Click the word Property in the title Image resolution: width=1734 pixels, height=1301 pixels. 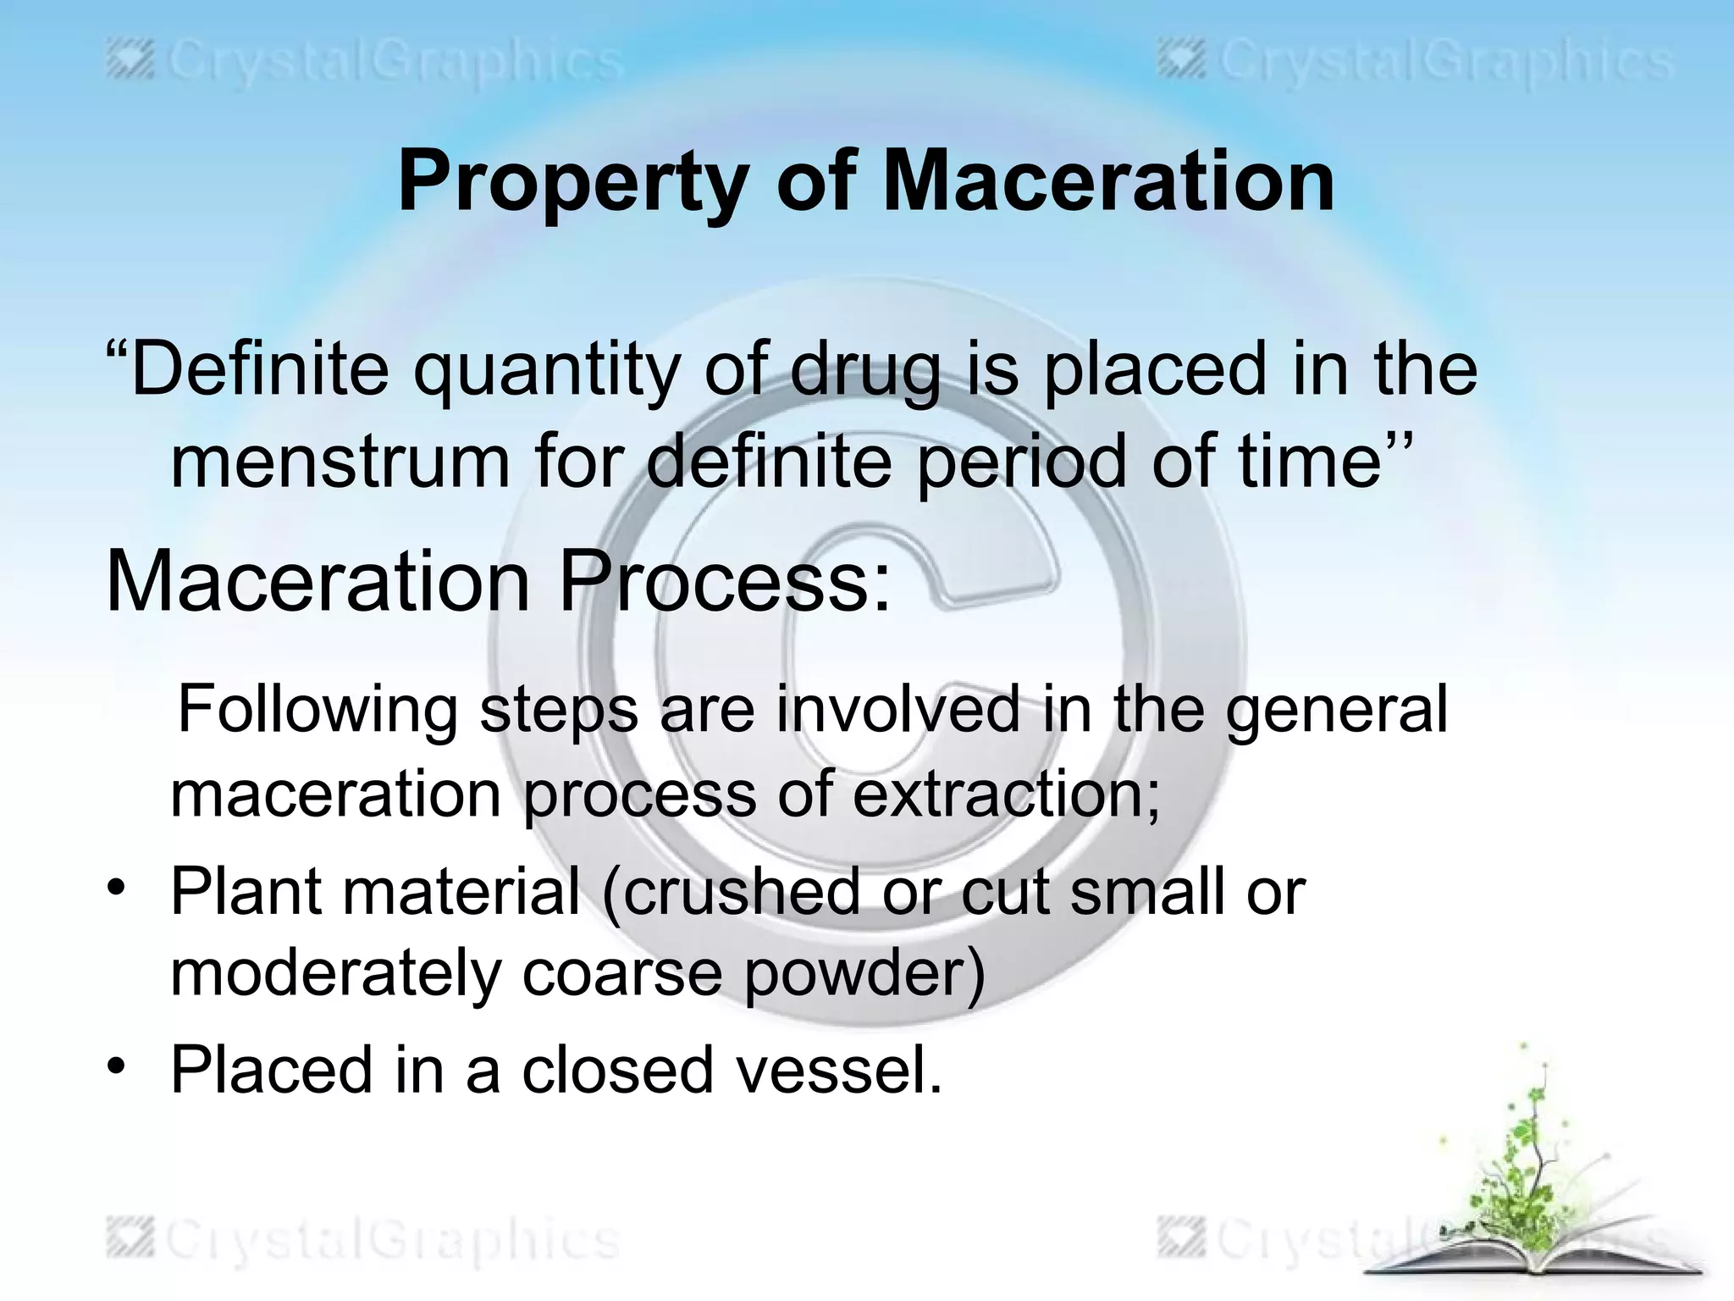(x=572, y=181)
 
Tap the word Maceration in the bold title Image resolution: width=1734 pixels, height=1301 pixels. (x=1108, y=181)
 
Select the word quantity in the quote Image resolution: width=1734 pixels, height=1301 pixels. (x=547, y=369)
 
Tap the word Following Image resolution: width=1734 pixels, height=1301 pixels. (x=318, y=709)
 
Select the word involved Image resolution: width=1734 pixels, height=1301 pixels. (x=897, y=709)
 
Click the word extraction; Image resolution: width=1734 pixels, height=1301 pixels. (x=1006, y=794)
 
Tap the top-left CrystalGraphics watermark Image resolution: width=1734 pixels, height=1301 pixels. (x=364, y=64)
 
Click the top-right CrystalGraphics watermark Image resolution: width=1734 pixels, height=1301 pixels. (x=1414, y=64)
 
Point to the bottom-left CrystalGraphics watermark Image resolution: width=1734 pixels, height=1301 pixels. (x=364, y=1241)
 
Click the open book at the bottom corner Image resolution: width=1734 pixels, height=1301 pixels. (x=1532, y=1262)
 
